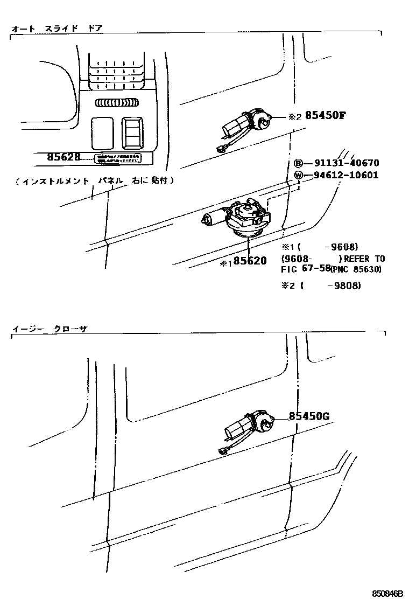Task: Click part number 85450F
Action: [325, 115]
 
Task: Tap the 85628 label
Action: [64, 157]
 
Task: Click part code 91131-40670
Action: [343, 163]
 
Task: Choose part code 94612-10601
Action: [343, 175]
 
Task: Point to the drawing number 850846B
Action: [387, 593]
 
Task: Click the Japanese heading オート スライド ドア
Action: [57, 27]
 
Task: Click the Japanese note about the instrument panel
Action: [94, 181]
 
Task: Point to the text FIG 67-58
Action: [305, 269]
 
